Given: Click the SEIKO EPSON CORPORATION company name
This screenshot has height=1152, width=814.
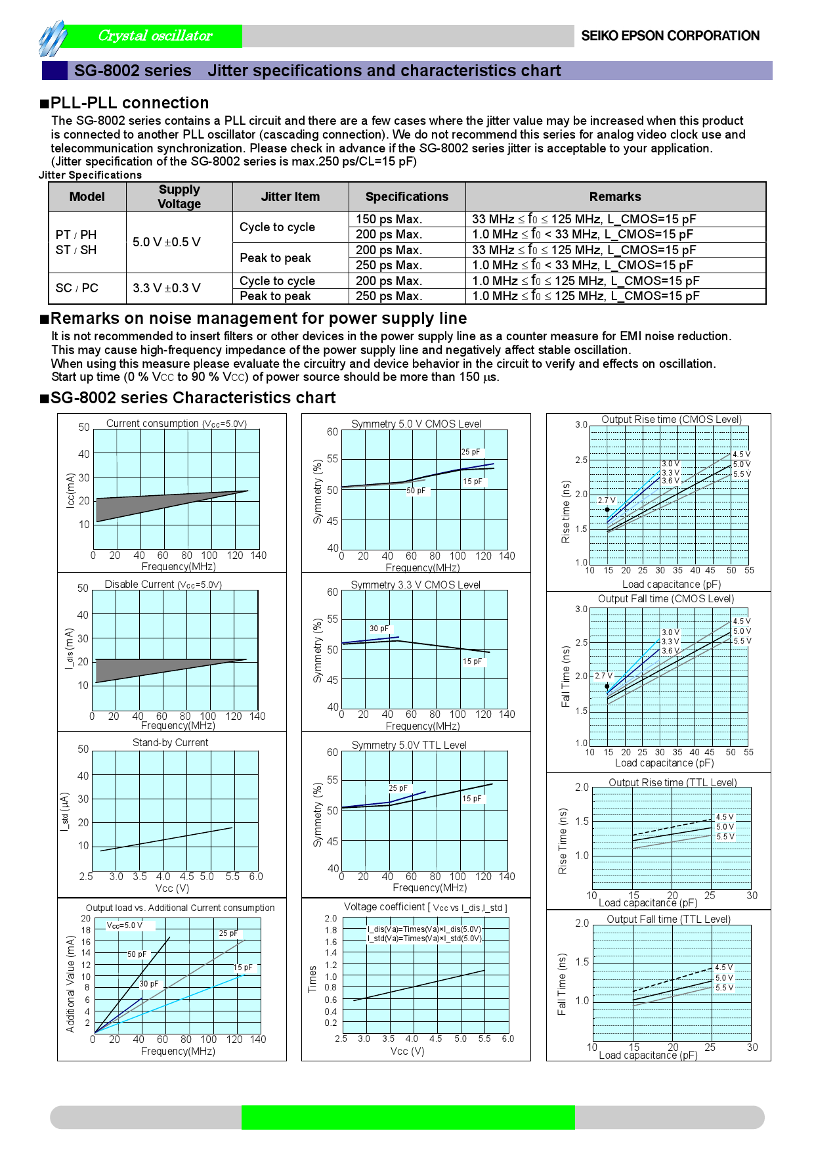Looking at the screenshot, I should coord(670,36).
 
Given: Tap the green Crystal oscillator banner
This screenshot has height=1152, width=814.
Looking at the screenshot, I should coord(155,36).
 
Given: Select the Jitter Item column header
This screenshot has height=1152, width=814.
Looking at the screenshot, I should coord(290,196).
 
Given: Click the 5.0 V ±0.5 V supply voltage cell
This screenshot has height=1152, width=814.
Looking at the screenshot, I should coord(167,242).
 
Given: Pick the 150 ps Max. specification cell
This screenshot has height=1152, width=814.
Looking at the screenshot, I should coord(389,219).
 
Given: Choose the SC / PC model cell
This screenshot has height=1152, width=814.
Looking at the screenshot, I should coord(77,288).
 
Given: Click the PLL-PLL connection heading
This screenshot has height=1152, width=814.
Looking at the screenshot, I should coord(129,103).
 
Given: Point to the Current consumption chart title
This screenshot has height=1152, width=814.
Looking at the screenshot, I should coord(177,424).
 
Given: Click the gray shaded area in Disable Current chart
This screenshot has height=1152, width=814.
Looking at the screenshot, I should coord(131,669).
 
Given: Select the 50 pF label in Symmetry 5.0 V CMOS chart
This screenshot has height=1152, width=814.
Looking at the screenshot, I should coord(416,491).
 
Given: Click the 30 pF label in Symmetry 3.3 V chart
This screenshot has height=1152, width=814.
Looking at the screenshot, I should coord(379,629).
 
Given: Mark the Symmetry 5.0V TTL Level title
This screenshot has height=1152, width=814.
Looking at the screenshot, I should coord(409,745).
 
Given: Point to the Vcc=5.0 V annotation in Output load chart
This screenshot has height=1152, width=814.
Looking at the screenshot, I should coord(125,925).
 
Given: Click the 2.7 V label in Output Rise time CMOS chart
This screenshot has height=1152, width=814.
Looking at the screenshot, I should coord(607,500).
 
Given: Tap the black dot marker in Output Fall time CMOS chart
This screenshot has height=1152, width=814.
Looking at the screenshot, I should coord(607,686).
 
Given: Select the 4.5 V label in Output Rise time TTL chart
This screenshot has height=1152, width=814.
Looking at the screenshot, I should coord(725,817).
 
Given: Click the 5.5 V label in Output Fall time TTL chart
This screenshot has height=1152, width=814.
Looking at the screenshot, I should coord(725,988).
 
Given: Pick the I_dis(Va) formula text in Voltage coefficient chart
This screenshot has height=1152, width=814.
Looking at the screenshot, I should coord(424,929).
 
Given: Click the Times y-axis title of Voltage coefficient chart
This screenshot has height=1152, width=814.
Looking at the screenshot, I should coord(313,979).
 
